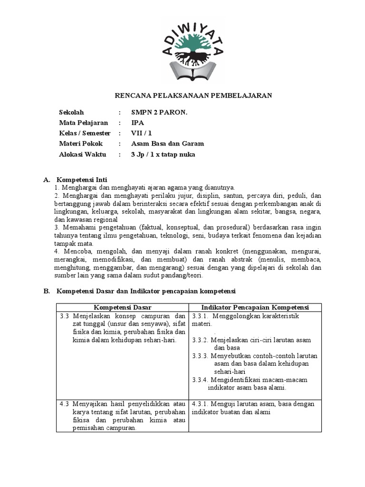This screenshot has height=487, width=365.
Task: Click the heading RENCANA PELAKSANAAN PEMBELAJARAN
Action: click(x=194, y=96)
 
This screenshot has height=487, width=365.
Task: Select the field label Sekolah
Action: click(x=71, y=112)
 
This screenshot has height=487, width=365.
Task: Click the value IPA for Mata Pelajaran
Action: click(x=137, y=123)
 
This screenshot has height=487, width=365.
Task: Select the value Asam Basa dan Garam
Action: click(x=167, y=144)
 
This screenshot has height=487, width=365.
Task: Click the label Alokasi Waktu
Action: click(x=83, y=155)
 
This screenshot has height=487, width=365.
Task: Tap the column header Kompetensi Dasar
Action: click(x=122, y=307)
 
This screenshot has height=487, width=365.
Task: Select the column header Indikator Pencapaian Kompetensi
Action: click(x=255, y=307)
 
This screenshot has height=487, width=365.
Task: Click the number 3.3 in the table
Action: click(x=65, y=316)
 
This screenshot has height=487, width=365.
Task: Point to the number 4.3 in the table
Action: click(x=65, y=404)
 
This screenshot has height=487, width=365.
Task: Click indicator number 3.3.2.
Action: click(x=202, y=340)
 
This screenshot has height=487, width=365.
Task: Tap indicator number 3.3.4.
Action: click(x=202, y=380)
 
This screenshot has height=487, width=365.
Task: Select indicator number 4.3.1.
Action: click(x=202, y=404)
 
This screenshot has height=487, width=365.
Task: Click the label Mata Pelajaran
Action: click(x=83, y=123)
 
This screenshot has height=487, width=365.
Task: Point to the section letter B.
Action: click(x=46, y=291)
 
